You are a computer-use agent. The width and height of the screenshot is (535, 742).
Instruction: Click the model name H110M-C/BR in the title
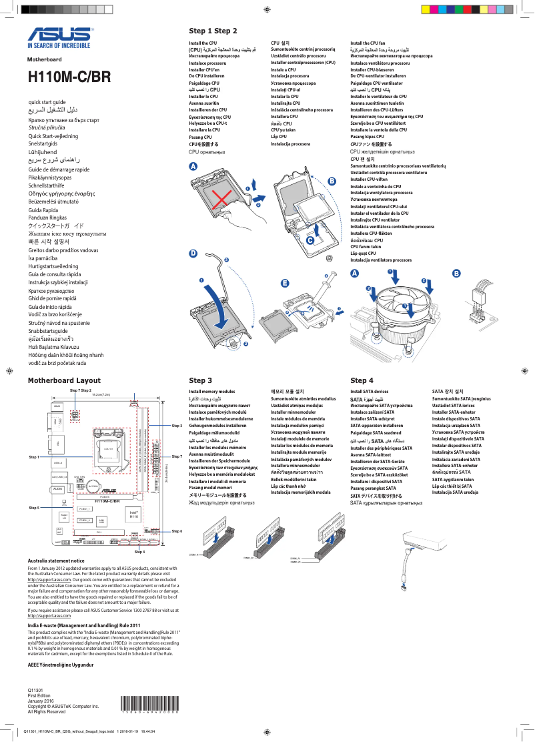coord(69,77)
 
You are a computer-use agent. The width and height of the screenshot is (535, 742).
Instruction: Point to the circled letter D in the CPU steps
coord(193,254)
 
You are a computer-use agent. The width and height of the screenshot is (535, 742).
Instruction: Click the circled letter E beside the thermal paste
coord(285,283)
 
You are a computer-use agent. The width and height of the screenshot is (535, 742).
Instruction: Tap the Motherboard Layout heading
coord(64,380)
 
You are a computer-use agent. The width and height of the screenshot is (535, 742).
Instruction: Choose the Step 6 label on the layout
coord(177,530)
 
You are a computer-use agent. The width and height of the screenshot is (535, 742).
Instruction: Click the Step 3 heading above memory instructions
coord(201,380)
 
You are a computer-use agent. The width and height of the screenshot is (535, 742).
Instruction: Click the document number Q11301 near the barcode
coord(35,689)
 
